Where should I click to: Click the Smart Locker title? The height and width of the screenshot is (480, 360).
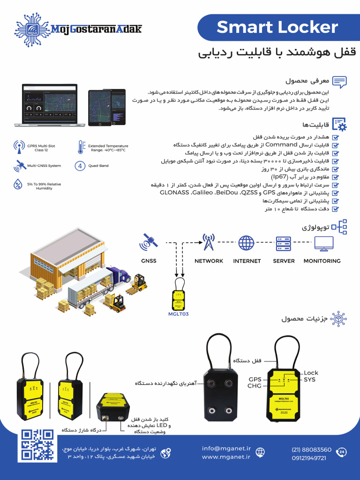click(x=277, y=28)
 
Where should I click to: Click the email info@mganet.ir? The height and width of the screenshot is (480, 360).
click(x=226, y=449)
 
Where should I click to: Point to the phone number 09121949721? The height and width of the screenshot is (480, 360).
click(x=308, y=458)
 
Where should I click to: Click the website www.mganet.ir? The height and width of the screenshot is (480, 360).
click(x=226, y=457)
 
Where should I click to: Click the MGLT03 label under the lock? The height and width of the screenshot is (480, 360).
click(x=178, y=314)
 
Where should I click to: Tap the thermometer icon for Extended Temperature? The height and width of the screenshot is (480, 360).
click(x=81, y=148)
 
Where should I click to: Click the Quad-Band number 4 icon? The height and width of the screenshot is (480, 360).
click(x=80, y=165)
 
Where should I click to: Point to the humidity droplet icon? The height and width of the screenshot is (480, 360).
click(x=18, y=184)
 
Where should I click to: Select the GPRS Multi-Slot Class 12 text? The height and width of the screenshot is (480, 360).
click(x=41, y=148)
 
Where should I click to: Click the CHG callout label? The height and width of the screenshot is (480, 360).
click(x=254, y=386)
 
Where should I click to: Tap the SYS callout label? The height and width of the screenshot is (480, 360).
click(x=309, y=379)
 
